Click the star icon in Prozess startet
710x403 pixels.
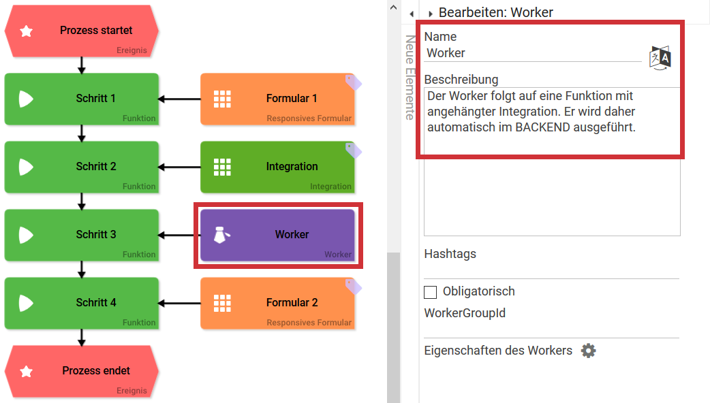pos(27,31)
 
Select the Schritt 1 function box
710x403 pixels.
pos(82,99)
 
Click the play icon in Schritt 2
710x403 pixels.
pos(26,167)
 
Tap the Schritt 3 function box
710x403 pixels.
pos(82,235)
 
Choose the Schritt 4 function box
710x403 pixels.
pos(82,303)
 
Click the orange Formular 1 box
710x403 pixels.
pos(277,99)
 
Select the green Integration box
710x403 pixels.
pos(277,167)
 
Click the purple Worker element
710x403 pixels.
pos(277,235)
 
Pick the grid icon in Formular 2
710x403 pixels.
pos(222,303)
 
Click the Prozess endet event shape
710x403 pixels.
pos(82,371)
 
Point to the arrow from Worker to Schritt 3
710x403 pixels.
pos(179,236)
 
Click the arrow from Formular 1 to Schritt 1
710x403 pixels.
pos(179,99)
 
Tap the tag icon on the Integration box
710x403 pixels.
pos(354,150)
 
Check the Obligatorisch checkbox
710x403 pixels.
pos(430,292)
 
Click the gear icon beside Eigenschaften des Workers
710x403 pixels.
pos(588,351)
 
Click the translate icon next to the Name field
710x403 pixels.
pos(660,57)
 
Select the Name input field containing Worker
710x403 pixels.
pos(531,53)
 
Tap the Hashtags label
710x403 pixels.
pos(450,254)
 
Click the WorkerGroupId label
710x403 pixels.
pos(465,314)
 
